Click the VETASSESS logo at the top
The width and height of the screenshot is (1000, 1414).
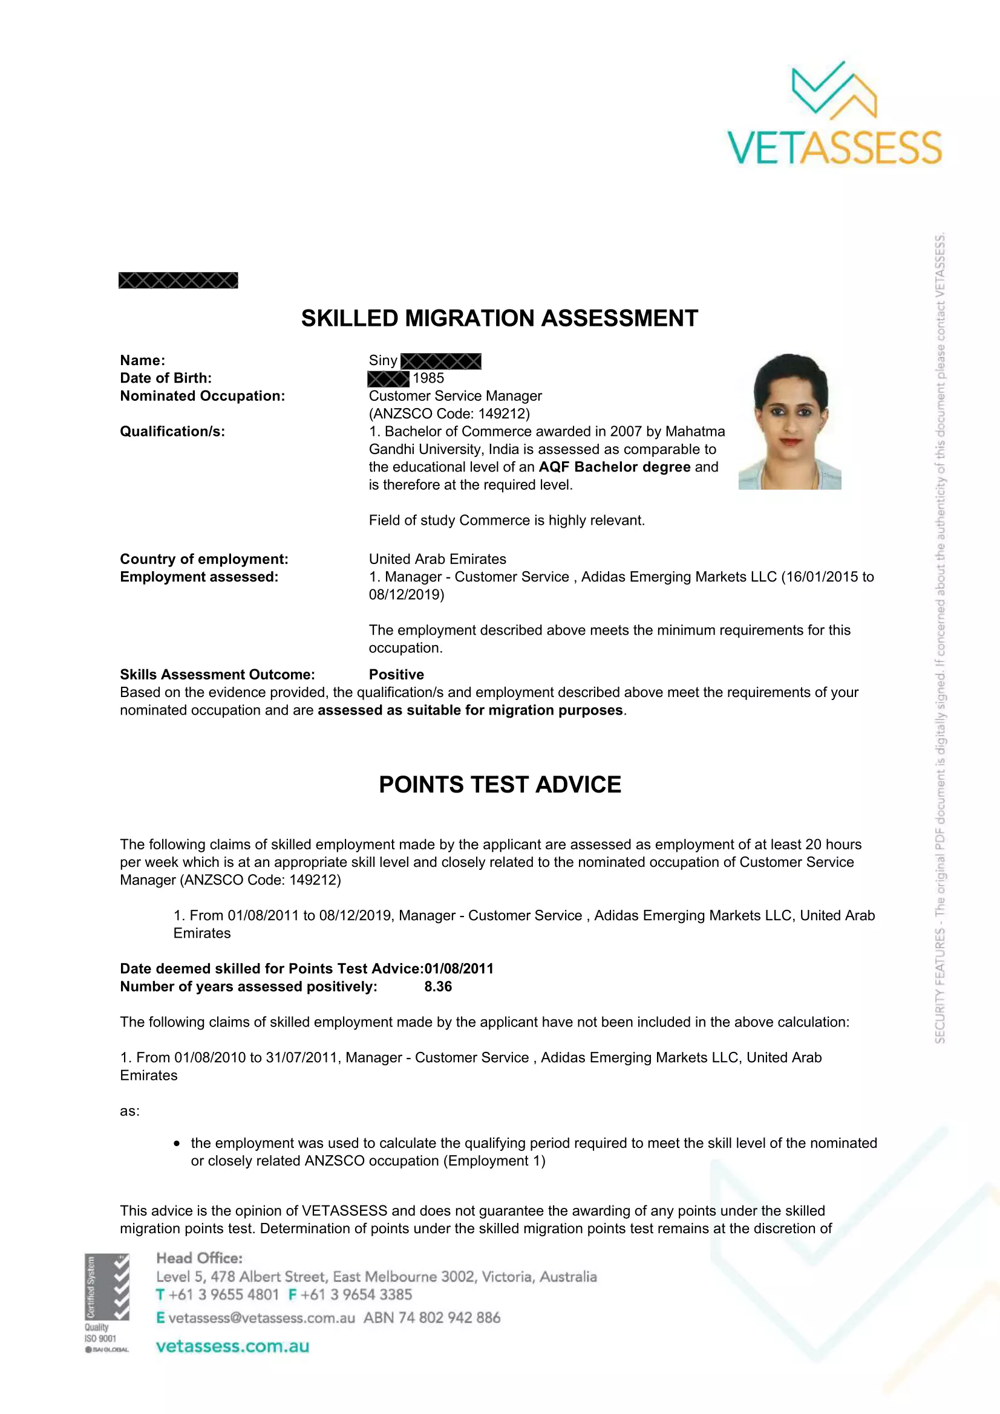pos(834,114)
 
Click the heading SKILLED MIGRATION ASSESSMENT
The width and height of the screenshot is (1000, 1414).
pos(499,319)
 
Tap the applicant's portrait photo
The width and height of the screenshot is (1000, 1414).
pos(790,421)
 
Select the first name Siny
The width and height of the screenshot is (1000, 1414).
pos(382,360)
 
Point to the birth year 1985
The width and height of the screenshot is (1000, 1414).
pos(428,378)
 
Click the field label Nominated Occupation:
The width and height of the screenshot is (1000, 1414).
pos(202,396)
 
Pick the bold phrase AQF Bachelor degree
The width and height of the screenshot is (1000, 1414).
pos(613,467)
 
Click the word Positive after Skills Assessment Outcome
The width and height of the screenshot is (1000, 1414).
pos(396,675)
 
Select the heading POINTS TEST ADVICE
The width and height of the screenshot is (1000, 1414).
pos(500,785)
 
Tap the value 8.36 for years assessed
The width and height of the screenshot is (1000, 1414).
pos(438,987)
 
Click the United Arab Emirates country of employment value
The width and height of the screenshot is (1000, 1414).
pos(437,559)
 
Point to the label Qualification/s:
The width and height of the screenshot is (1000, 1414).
pos(172,432)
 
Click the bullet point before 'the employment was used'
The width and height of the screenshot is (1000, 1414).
pos(177,1144)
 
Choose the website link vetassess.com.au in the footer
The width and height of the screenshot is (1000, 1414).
pos(232,1346)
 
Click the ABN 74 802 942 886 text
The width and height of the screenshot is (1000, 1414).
pos(431,1318)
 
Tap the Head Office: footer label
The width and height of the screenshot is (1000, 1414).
pos(199,1258)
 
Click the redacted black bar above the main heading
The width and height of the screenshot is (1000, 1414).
pos(178,281)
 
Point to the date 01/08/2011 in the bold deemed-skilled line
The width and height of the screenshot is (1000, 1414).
pos(459,968)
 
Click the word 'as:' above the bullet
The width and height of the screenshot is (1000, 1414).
pos(129,1111)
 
